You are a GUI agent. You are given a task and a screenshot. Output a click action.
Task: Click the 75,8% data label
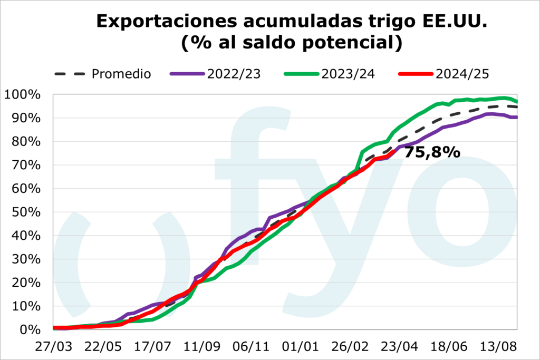click(432, 153)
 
